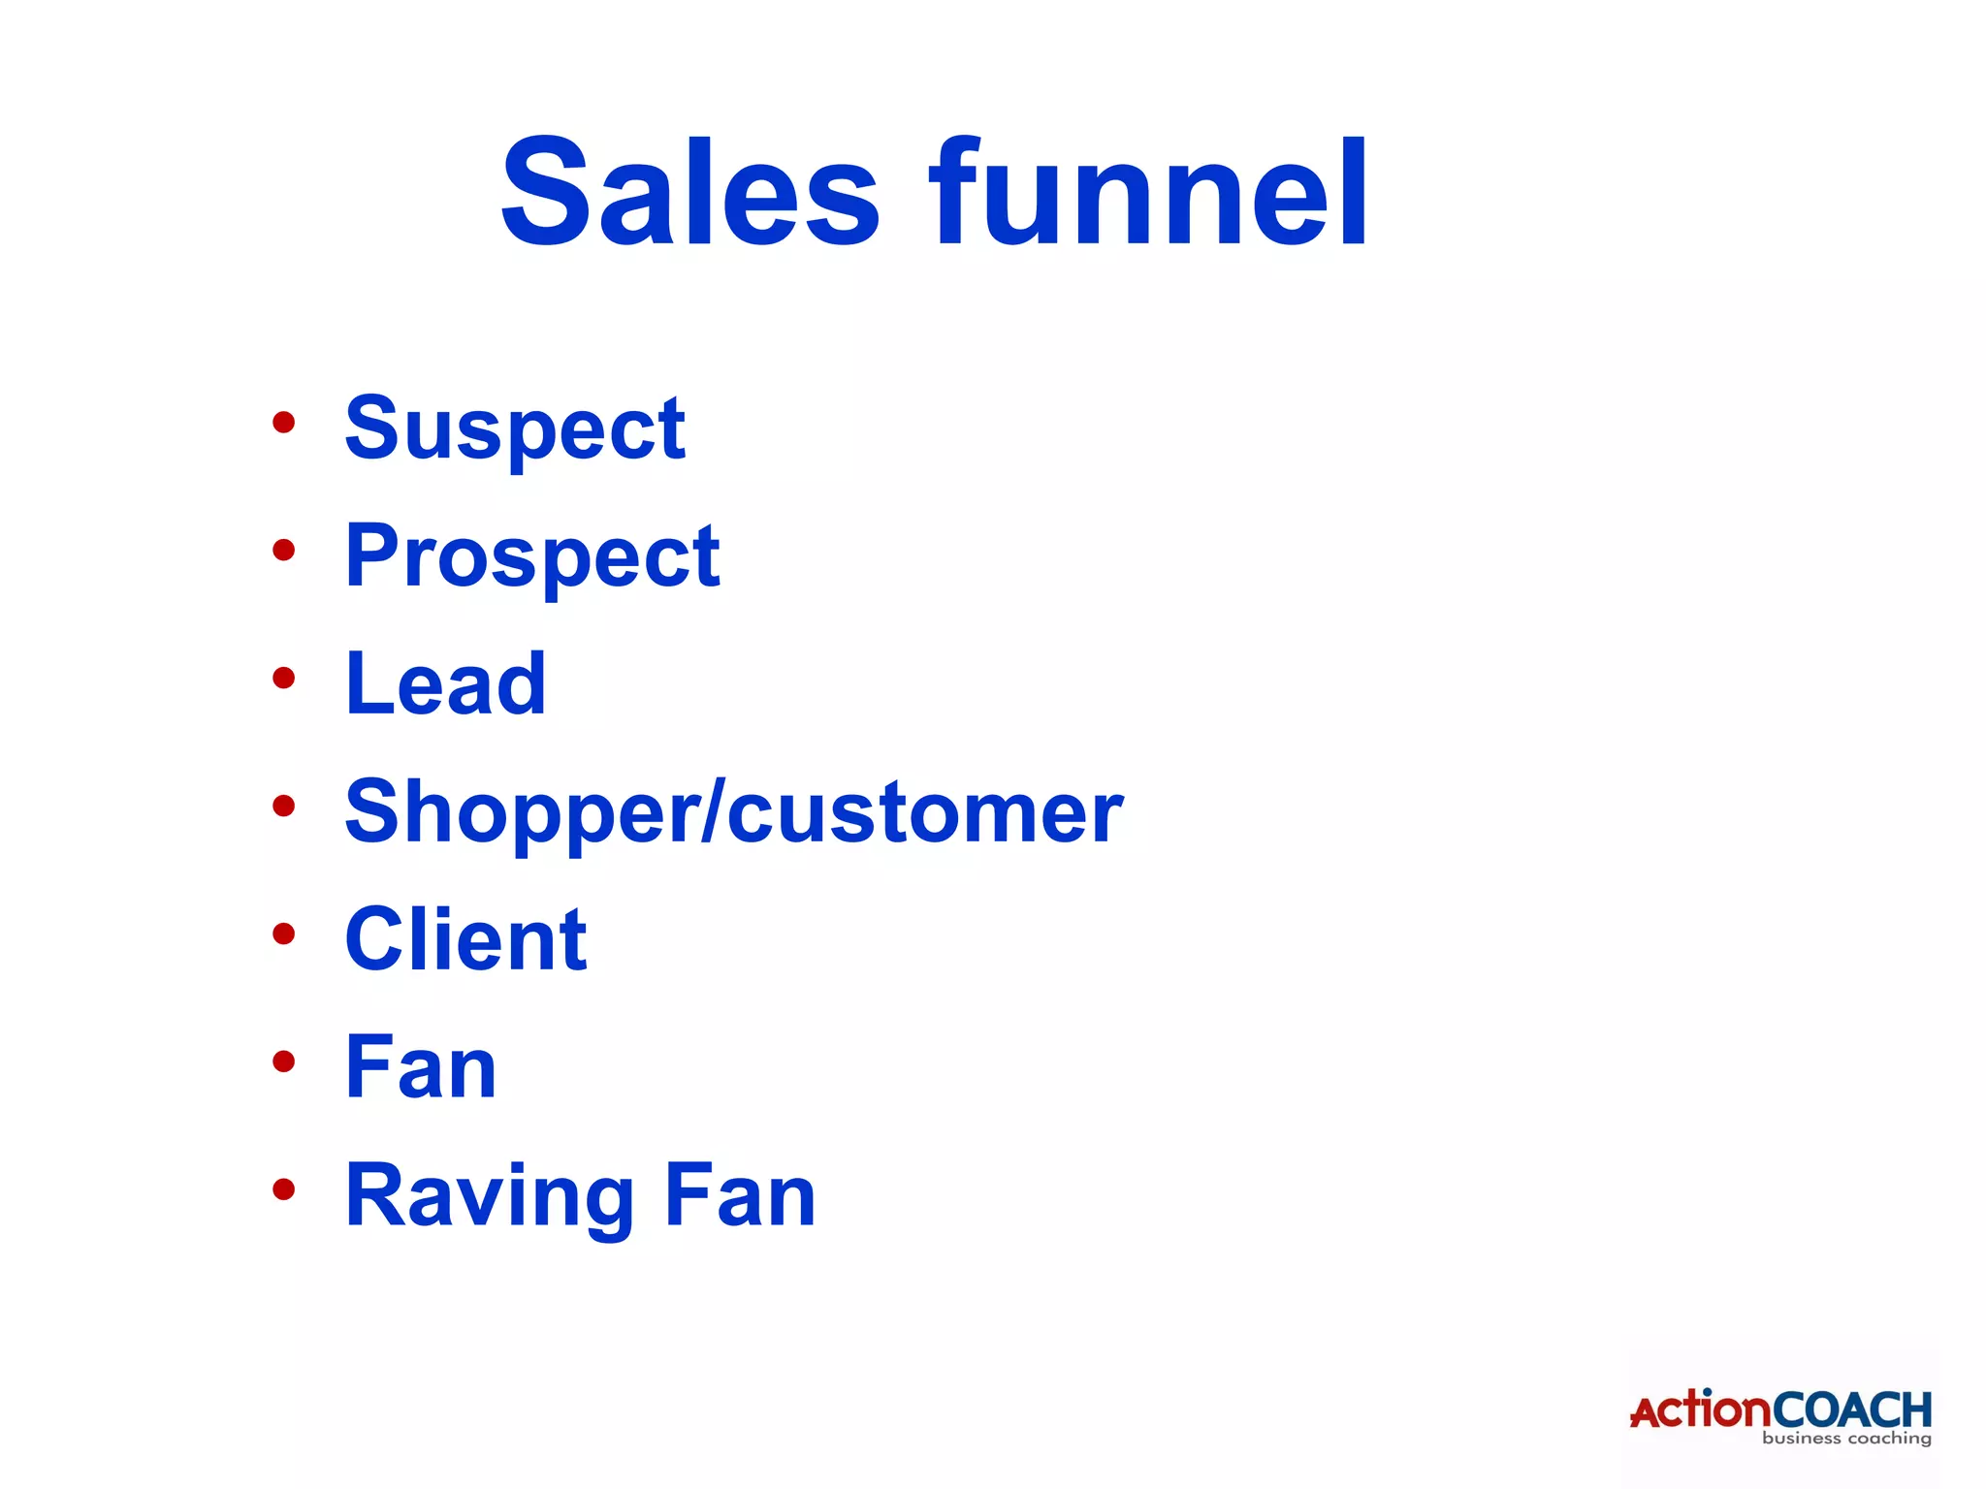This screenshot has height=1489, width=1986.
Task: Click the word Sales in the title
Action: click(x=689, y=193)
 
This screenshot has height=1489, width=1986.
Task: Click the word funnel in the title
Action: click(x=1148, y=193)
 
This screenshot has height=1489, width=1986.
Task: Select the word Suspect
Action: click(x=515, y=428)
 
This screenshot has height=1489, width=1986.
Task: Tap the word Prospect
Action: click(x=532, y=556)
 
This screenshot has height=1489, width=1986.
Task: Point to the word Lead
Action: click(x=446, y=684)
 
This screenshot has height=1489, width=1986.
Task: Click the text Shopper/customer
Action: click(x=734, y=812)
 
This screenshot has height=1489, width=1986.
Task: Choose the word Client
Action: click(x=465, y=939)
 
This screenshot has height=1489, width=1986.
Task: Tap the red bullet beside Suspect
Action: click(x=283, y=423)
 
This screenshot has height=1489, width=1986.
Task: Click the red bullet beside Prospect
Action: click(x=283, y=551)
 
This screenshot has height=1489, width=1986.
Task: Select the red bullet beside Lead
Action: click(x=283, y=678)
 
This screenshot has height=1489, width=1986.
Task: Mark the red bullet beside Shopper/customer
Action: click(x=283, y=806)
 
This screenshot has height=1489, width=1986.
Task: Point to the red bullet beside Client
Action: click(x=283, y=934)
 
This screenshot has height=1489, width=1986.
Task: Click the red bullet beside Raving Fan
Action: click(x=283, y=1189)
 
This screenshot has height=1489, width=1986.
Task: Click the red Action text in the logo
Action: click(x=1700, y=1410)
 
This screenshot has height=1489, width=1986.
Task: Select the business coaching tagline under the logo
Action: click(x=1846, y=1439)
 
